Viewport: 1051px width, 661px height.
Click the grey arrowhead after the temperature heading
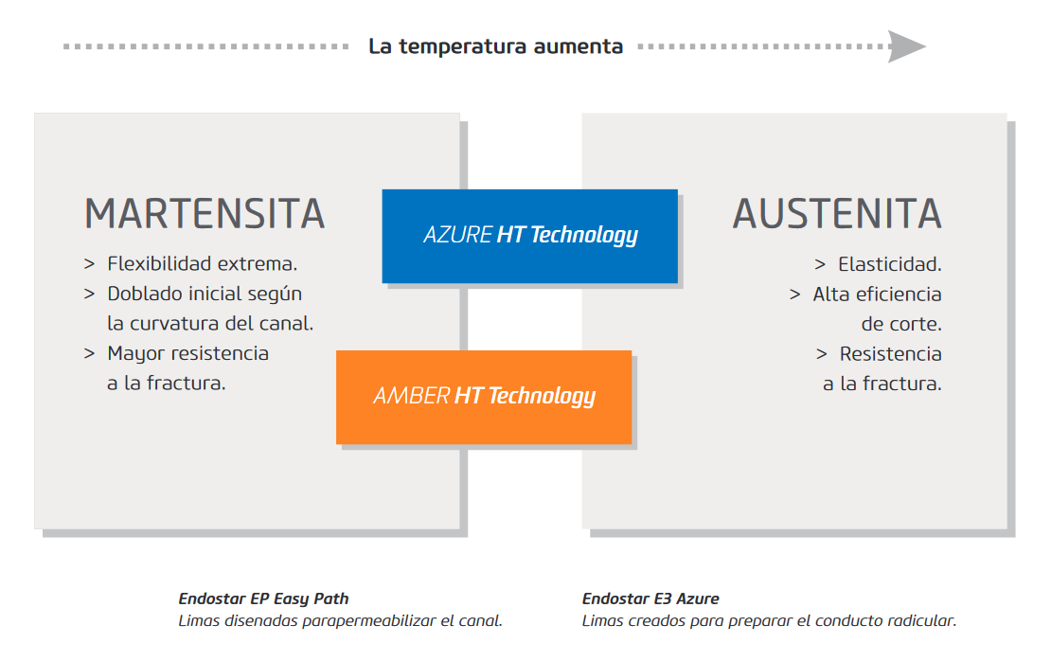tap(906, 46)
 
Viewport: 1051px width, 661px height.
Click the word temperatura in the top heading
tap(462, 46)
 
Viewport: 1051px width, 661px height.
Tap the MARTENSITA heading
tap(205, 215)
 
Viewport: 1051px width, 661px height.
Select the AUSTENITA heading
tap(837, 215)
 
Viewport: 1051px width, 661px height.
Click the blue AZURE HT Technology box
tap(529, 236)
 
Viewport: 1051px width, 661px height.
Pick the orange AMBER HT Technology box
tap(484, 397)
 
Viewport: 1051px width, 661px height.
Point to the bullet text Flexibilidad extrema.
tap(202, 263)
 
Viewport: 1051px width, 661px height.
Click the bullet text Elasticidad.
tap(889, 264)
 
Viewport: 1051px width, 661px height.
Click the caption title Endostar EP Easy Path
tap(263, 598)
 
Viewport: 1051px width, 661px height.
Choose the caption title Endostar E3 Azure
tap(650, 598)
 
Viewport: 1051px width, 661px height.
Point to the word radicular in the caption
tap(923, 621)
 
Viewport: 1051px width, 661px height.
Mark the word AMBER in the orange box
tap(411, 396)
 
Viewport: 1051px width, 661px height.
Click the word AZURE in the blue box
tap(458, 235)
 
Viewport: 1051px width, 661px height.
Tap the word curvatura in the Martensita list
tap(174, 324)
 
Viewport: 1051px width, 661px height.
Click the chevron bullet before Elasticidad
tap(820, 265)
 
